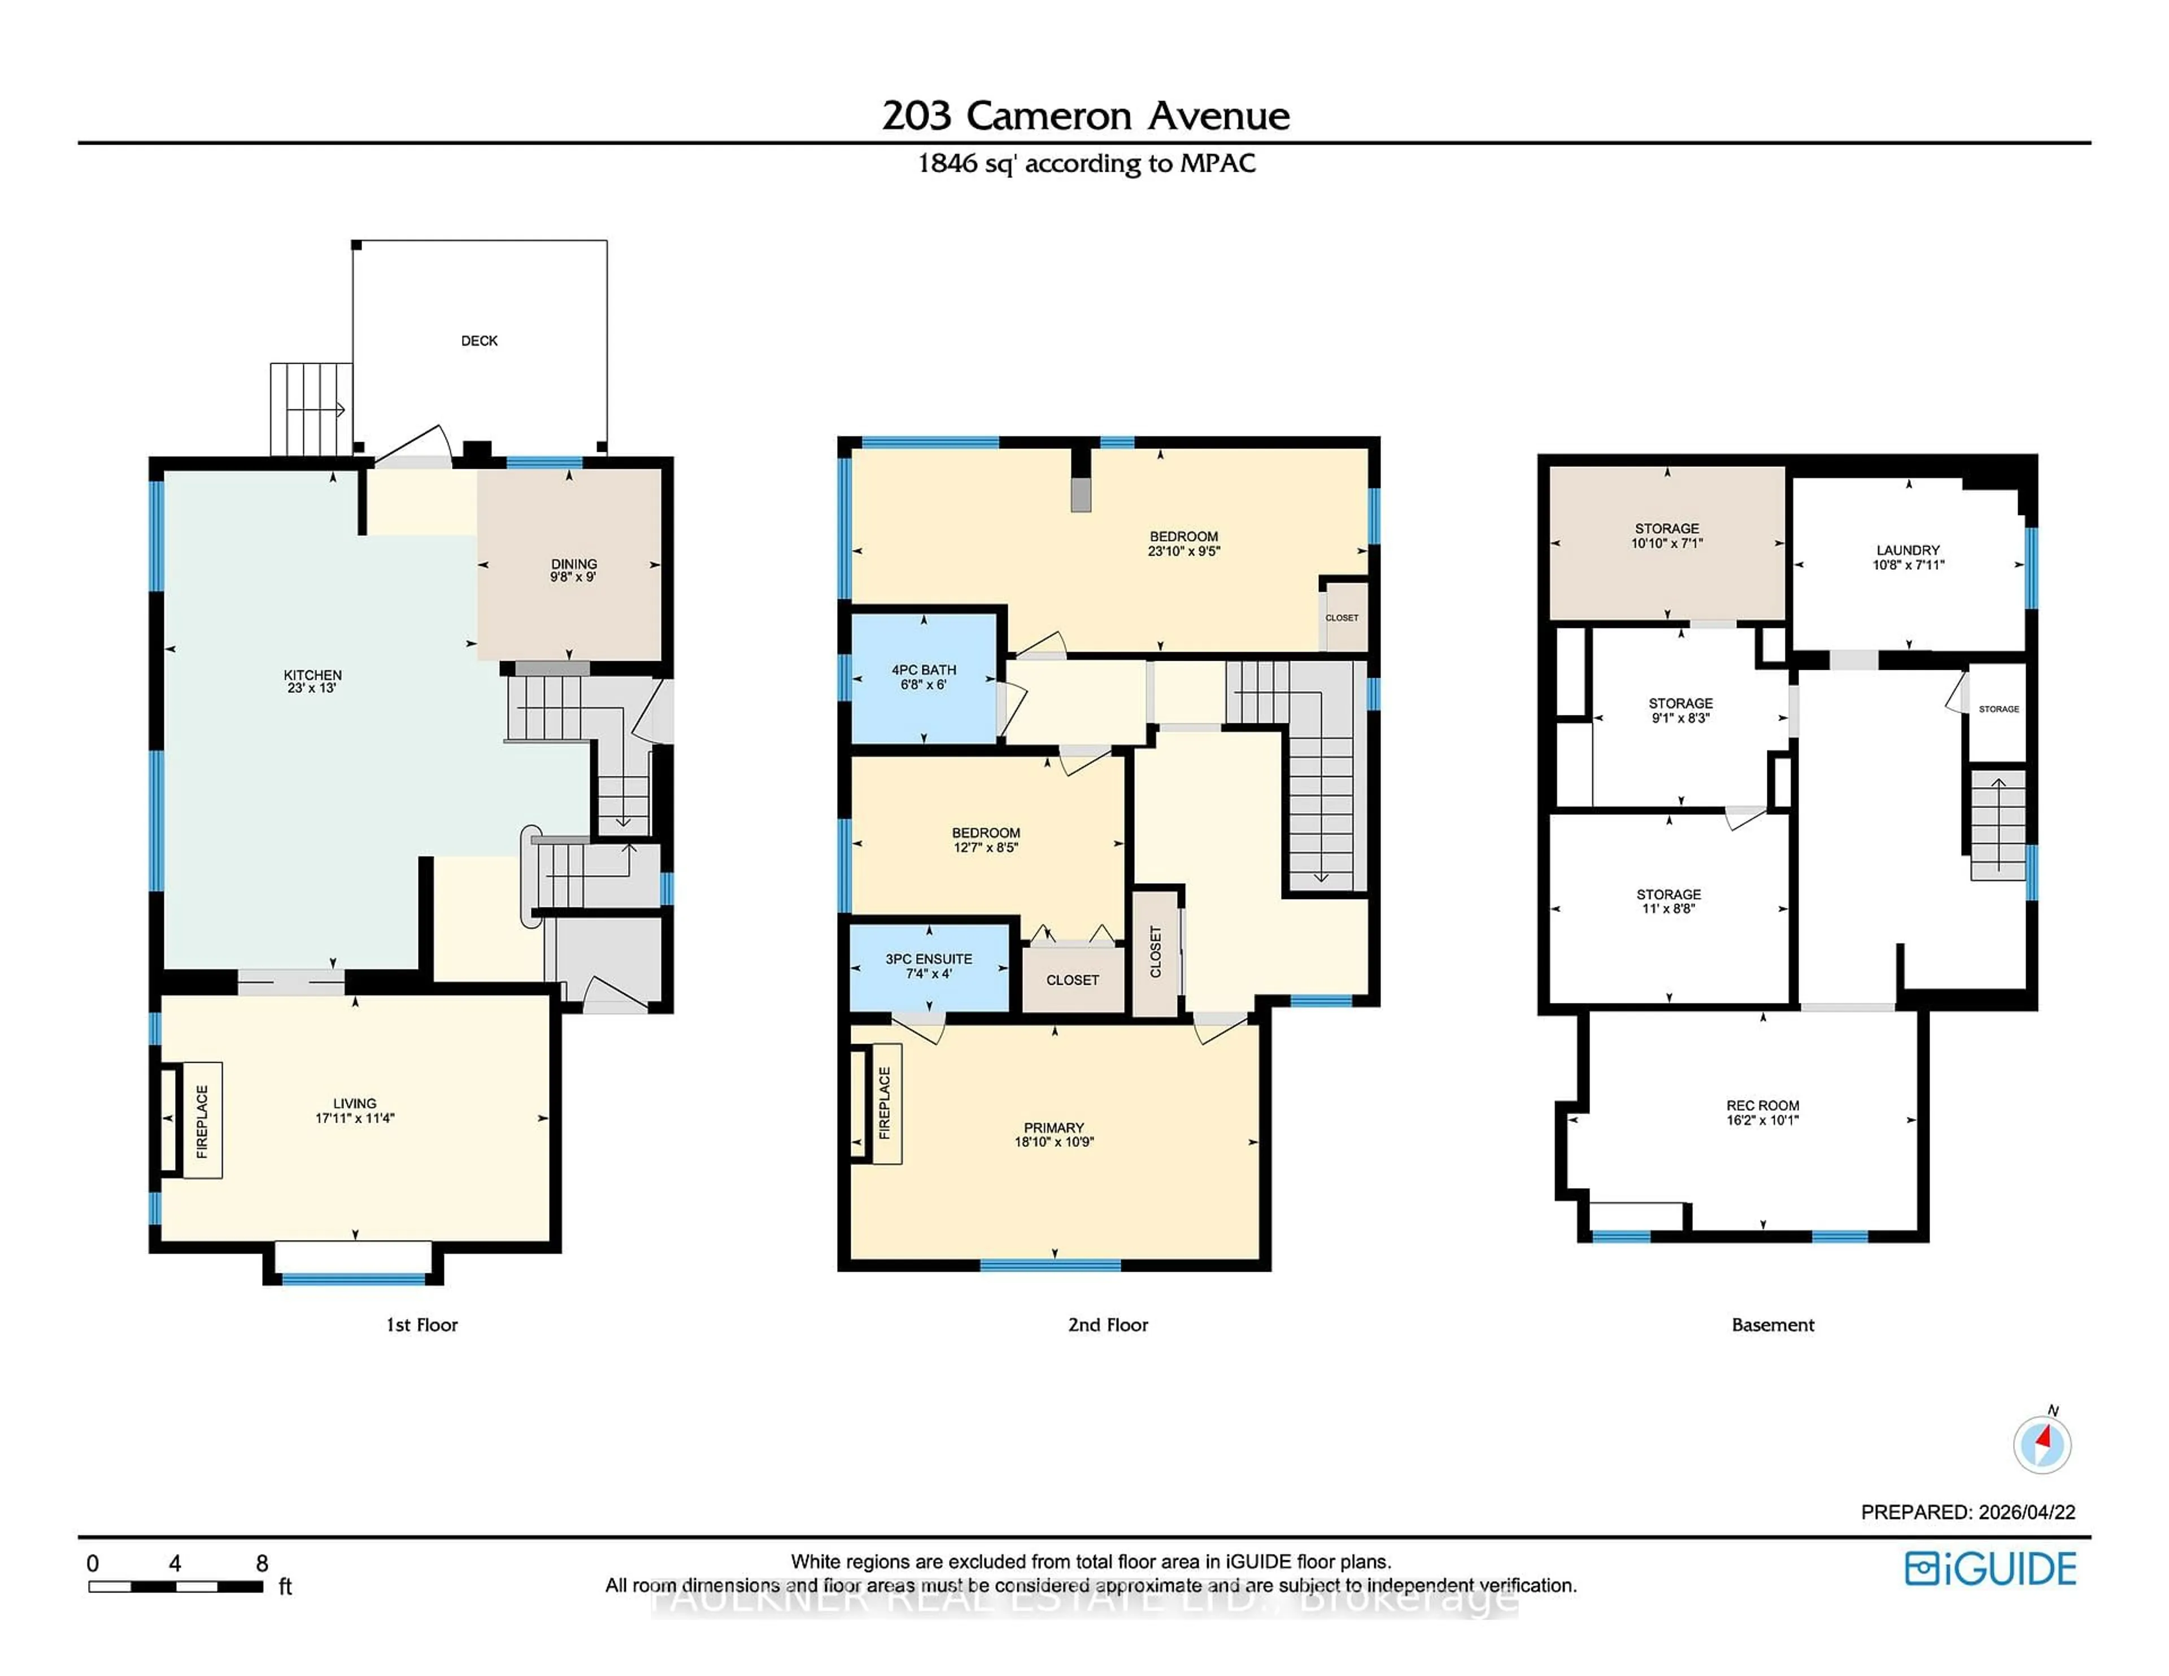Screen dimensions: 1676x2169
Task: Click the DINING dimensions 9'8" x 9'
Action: point(573,577)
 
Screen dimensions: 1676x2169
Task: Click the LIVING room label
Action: point(355,1103)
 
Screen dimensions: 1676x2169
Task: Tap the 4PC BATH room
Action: point(924,677)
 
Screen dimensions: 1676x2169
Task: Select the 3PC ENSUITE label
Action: point(929,959)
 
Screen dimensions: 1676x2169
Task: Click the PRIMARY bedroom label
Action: point(1053,1128)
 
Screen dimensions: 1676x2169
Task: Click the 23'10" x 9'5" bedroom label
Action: point(1184,551)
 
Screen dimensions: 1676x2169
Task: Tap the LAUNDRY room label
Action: point(1908,550)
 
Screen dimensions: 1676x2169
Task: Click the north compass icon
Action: point(2042,1444)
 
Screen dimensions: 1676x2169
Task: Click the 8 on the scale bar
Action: point(262,1564)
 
